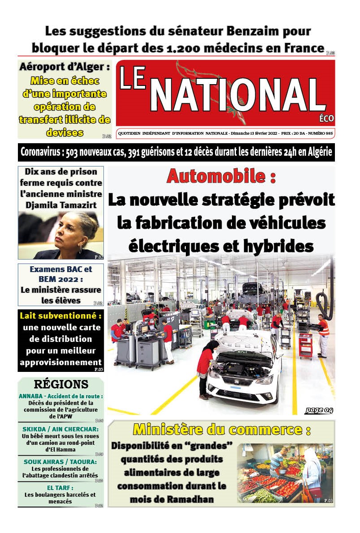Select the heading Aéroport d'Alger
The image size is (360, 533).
click(64, 68)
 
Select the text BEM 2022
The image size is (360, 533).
click(60, 279)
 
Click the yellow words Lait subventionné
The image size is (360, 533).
click(61, 316)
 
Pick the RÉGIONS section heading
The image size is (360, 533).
click(61, 384)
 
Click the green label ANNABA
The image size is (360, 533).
click(32, 396)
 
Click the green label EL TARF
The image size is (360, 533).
click(60, 488)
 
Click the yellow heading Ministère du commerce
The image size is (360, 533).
click(222, 430)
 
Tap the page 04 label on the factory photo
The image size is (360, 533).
click(319, 410)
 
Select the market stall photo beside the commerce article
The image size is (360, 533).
click(285, 473)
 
